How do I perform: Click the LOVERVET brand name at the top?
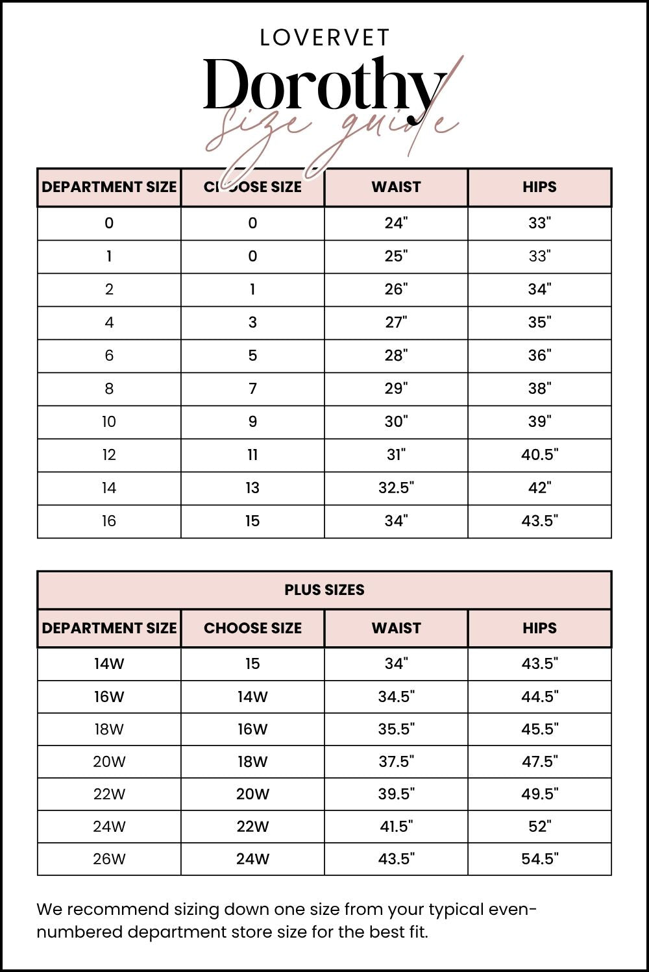pyautogui.click(x=324, y=38)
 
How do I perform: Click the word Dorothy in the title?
pyautogui.click(x=324, y=86)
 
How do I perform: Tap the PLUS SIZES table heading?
pyautogui.click(x=324, y=590)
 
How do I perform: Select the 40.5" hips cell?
pyautogui.click(x=539, y=455)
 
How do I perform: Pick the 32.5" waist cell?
pyautogui.click(x=396, y=488)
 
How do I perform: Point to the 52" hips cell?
pyautogui.click(x=539, y=826)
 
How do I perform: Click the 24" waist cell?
pyautogui.click(x=396, y=223)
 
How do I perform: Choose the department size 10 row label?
pyautogui.click(x=109, y=422)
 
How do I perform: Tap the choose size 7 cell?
pyautogui.click(x=252, y=389)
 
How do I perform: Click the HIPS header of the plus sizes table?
pyautogui.click(x=539, y=628)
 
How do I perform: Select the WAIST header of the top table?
pyautogui.click(x=396, y=187)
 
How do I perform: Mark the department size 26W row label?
pyautogui.click(x=109, y=859)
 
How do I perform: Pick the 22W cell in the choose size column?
pyautogui.click(x=252, y=826)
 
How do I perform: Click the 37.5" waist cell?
pyautogui.click(x=396, y=761)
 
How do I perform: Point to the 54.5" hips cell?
pyautogui.click(x=539, y=859)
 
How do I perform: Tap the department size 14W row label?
pyautogui.click(x=109, y=664)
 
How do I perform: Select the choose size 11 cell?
pyautogui.click(x=252, y=455)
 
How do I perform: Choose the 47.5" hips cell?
pyautogui.click(x=539, y=761)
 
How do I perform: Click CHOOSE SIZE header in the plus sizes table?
pyautogui.click(x=252, y=628)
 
